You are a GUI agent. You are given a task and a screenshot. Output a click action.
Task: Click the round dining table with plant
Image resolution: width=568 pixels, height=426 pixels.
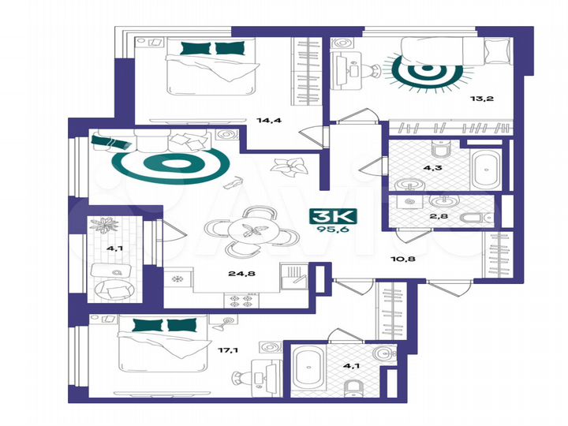pos(253,231)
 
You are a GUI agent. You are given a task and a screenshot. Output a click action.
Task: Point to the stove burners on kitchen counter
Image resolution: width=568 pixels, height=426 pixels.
pos(240,300)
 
